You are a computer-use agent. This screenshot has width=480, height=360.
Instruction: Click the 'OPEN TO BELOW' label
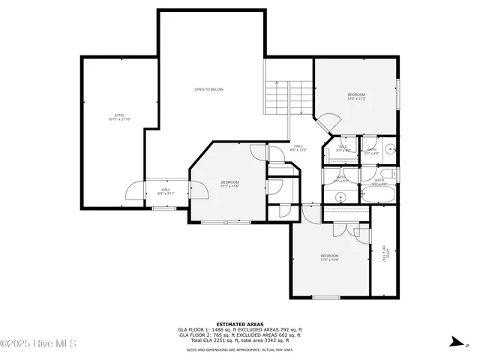[208, 89]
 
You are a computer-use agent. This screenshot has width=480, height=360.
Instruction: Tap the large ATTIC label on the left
[118, 117]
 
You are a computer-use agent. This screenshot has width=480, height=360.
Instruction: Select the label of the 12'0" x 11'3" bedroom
[355, 97]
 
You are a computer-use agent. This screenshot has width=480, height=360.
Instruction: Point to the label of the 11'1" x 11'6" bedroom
[229, 184]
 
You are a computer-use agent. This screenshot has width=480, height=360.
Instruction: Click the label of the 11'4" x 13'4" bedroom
[330, 258]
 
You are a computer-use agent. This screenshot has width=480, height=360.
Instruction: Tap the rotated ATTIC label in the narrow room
[385, 256]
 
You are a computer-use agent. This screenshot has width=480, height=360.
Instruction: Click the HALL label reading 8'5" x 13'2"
[298, 148]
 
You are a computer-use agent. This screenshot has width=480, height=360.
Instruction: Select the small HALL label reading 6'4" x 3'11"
[166, 191]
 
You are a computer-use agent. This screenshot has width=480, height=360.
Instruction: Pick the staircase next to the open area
[289, 97]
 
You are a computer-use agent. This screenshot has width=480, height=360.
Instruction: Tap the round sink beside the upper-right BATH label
[390, 148]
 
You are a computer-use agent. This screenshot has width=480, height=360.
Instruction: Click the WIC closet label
[343, 148]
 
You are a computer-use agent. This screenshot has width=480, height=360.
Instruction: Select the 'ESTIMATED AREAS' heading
[240, 324]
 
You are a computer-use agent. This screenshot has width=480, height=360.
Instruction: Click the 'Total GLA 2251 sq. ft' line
[240, 340]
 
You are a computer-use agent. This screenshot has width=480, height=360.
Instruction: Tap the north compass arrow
[455, 343]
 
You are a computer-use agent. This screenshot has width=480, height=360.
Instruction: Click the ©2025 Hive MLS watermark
[39, 343]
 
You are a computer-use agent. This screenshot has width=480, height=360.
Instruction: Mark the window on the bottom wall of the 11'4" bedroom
[325, 298]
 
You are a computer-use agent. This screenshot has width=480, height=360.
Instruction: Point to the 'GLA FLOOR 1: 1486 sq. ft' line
[240, 329]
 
